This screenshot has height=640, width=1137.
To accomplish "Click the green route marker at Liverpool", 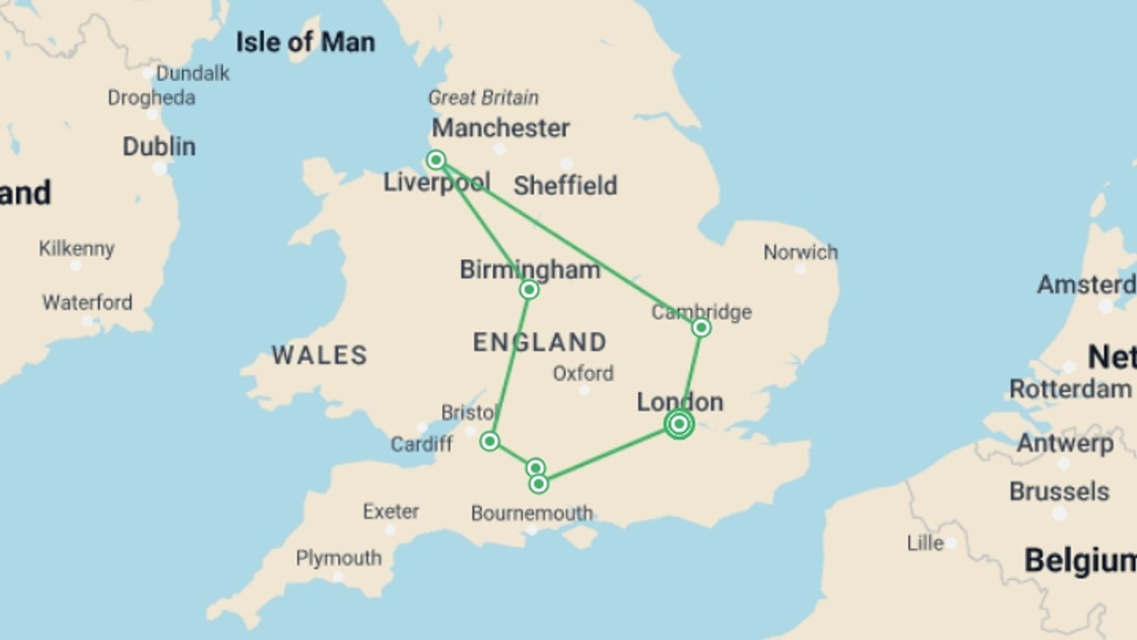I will pos(436,159).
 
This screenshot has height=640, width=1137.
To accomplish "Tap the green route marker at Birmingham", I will pos(529,290).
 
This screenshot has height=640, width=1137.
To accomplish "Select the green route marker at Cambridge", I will pos(701,328).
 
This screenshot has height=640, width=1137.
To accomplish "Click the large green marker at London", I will pos(679,424).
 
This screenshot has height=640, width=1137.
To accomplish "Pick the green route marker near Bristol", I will pos(490,441).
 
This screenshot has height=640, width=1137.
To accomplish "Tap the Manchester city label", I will pos(500,128).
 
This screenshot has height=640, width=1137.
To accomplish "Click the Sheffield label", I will pos(565,185).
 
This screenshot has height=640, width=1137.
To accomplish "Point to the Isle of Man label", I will pos(306,42).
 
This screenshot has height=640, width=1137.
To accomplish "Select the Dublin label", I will pos(159,146).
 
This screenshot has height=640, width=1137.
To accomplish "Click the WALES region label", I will pos(320,355).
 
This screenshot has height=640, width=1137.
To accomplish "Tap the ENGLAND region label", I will pos(540,342).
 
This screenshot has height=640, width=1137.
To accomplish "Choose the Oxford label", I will pos(583,373).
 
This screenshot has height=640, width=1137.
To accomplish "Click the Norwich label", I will pos(800,252).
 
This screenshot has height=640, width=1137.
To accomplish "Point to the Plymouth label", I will pos(339,558).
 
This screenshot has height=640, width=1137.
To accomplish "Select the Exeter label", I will pos(391,511).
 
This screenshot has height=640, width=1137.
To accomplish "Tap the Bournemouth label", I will pos(532,513).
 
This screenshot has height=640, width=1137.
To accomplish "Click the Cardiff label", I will pos(422,444).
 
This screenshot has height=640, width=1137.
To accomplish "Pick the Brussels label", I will pos(1059,491).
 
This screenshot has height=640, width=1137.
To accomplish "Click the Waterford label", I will pos(87,302).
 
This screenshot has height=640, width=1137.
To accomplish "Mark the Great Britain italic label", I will pos(483,97).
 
